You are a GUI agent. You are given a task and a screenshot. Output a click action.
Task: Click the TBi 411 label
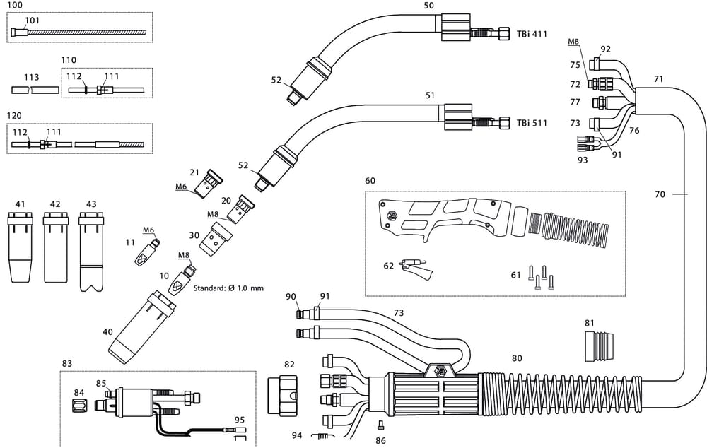(532, 33)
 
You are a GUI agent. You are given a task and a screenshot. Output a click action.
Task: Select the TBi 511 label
(532, 122)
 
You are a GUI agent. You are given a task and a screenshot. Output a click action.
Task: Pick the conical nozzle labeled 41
(19, 247)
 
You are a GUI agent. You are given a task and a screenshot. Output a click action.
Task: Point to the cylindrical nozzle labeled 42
(55, 247)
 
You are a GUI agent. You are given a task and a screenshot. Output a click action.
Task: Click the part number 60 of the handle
(370, 181)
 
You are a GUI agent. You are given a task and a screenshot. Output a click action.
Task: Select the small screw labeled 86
(380, 425)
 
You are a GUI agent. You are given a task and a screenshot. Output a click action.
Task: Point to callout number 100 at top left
(14, 5)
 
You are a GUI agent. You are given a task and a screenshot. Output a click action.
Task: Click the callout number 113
(31, 77)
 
